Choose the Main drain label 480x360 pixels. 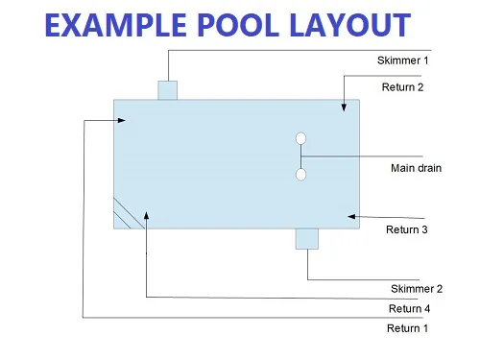[416, 169]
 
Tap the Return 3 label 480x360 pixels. [406, 230]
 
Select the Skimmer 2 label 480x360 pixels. [417, 288]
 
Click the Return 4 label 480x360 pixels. [410, 308]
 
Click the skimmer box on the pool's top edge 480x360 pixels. [168, 90]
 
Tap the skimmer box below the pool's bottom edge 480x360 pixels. [307, 238]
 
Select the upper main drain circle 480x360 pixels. [300, 139]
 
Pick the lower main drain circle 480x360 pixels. [300, 175]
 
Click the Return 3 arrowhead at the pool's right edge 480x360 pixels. [352, 216]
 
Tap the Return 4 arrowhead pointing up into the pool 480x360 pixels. [145, 215]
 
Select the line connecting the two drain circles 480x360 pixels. [300, 156]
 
